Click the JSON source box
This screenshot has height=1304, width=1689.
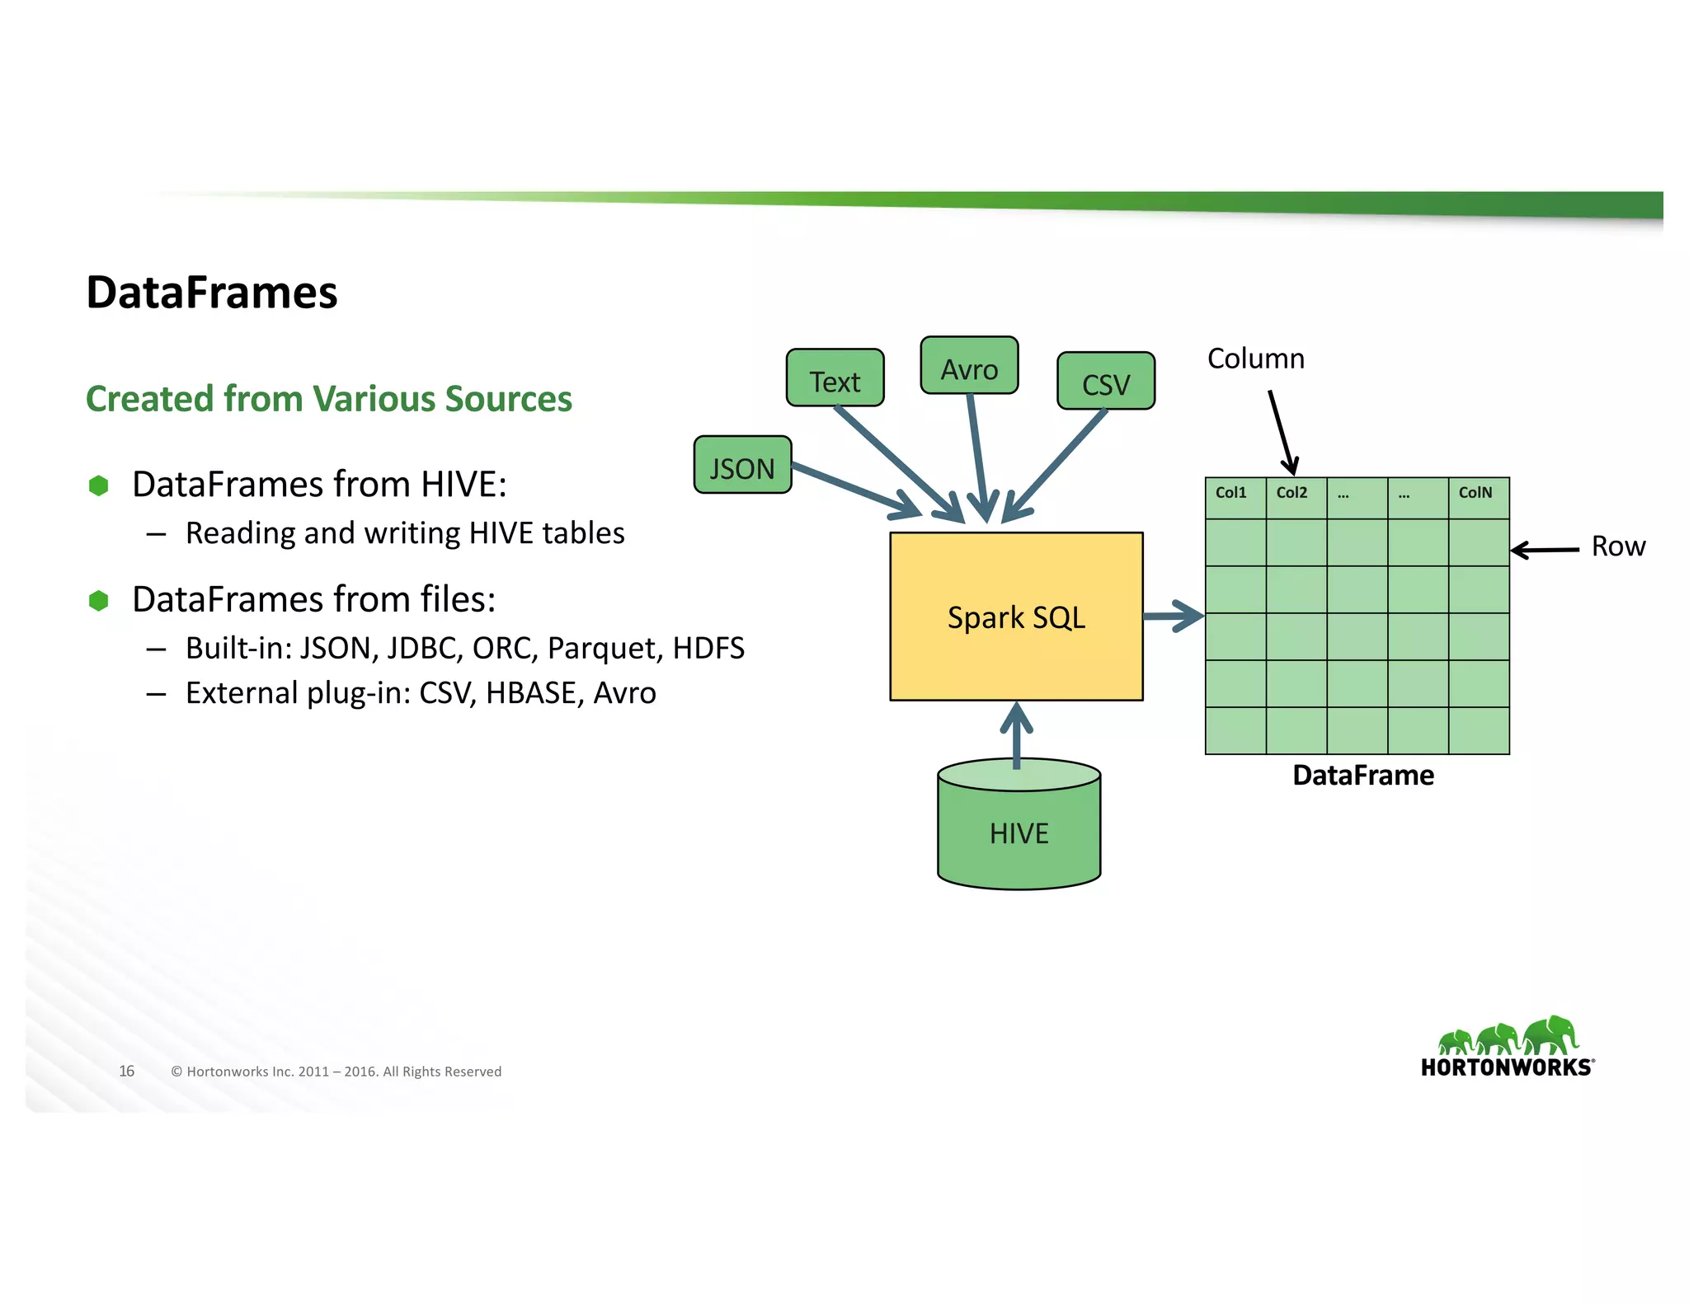pyautogui.click(x=742, y=466)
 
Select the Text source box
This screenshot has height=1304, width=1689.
pyautogui.click(x=835, y=378)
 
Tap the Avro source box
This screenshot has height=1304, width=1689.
pyautogui.click(x=969, y=366)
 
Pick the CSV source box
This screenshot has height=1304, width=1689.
pyautogui.click(x=1105, y=382)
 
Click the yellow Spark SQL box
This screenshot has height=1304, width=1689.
pyautogui.click(x=1016, y=617)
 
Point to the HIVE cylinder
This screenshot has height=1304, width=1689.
pyautogui.click(x=1019, y=833)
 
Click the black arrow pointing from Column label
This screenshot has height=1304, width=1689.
pyautogui.click(x=1282, y=432)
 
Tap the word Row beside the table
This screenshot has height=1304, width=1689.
pyautogui.click(x=1617, y=546)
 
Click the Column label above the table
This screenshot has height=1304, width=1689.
pyautogui.click(x=1255, y=359)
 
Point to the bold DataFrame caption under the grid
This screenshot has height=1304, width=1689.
pyautogui.click(x=1362, y=776)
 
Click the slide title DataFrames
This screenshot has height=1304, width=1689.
pyautogui.click(x=212, y=293)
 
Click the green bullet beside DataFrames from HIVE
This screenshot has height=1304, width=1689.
pyautogui.click(x=99, y=485)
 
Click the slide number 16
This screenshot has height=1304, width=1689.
pyautogui.click(x=127, y=1071)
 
